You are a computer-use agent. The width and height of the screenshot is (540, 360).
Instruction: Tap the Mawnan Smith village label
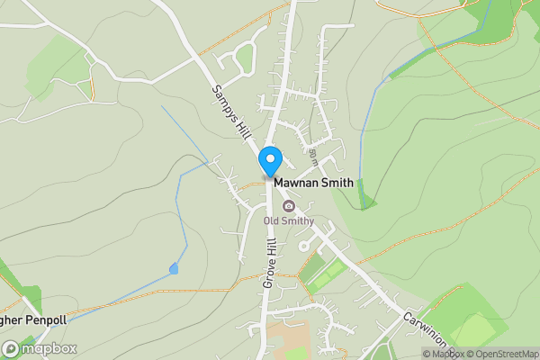pos(314,183)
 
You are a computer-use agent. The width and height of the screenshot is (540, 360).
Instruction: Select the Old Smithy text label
pos(288,220)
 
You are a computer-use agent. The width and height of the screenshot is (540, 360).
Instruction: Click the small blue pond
pos(173,268)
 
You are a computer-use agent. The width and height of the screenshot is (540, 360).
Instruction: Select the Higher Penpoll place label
pos(31,320)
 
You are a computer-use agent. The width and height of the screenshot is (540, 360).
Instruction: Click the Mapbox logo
pos(40,348)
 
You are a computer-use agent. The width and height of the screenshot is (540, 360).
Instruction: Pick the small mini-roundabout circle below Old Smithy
pos(301,246)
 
